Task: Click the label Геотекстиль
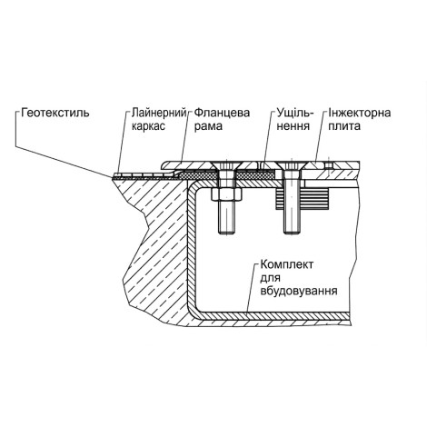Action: pos(55,113)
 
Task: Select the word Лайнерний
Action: pos(158,113)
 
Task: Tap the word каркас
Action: pos(148,126)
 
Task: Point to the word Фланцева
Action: pos(222,113)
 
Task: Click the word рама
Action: pos(208,126)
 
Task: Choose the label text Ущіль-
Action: pos(295,113)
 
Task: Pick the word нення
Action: pos(293,126)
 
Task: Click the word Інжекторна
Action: pos(360,113)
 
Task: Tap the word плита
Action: pos(344,126)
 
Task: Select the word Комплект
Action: pos(287,264)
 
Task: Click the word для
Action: pos(270,278)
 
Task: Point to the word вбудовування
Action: pos(299,291)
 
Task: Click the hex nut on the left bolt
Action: pos(227,194)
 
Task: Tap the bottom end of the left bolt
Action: pos(226,233)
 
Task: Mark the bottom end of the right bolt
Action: pos(292,233)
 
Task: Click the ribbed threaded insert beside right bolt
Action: pos(303,199)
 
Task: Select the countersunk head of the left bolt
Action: pos(226,165)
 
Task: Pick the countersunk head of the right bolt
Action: pos(292,165)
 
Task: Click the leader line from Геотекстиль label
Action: pos(64,161)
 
